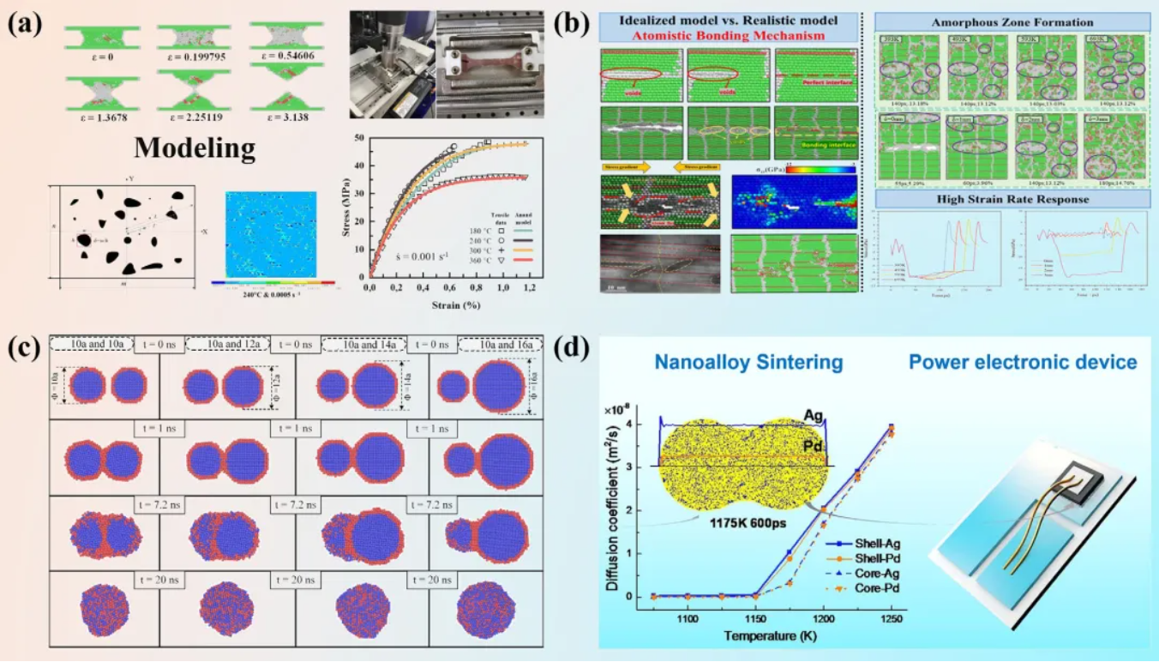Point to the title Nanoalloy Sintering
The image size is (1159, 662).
pyautogui.click(x=748, y=362)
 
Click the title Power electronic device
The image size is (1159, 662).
pyautogui.click(x=1023, y=362)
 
